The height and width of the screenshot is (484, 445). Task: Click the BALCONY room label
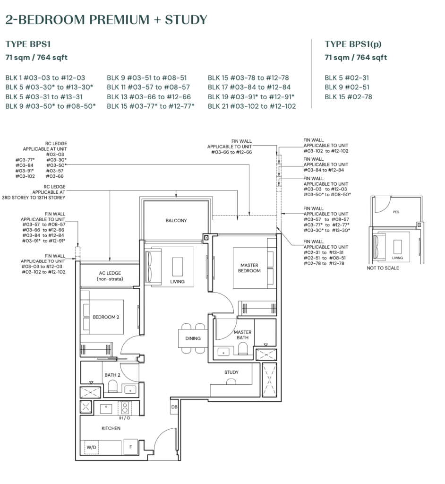pyautogui.click(x=176, y=220)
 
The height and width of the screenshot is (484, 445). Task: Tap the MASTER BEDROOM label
pyautogui.click(x=249, y=268)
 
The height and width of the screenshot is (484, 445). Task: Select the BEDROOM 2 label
pyautogui.click(x=106, y=317)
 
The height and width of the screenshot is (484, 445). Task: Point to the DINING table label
pyautogui.click(x=193, y=338)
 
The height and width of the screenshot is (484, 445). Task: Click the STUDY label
pyautogui.click(x=231, y=372)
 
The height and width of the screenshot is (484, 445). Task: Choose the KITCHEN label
pyautogui.click(x=111, y=428)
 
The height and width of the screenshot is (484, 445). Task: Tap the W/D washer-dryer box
pyautogui.click(x=91, y=447)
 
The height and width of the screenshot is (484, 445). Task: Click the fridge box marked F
pyautogui.click(x=130, y=447)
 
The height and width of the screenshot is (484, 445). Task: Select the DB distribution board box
pyautogui.click(x=174, y=407)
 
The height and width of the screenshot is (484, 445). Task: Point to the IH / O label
pyautogui.click(x=124, y=418)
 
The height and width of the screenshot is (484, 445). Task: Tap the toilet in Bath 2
pyautogui.click(x=112, y=386)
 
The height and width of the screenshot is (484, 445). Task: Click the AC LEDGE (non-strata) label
pyautogui.click(x=110, y=276)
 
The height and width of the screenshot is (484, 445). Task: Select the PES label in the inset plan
pyautogui.click(x=396, y=212)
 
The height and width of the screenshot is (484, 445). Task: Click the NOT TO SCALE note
pyautogui.click(x=383, y=268)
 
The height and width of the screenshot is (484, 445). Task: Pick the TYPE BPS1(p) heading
pyautogui.click(x=353, y=44)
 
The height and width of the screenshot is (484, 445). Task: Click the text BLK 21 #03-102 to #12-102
pyautogui.click(x=252, y=106)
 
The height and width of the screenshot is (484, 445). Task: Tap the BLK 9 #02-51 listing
pyautogui.click(x=347, y=87)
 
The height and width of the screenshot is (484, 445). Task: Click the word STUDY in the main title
pyautogui.click(x=186, y=20)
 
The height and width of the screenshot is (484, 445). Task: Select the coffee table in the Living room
pyautogui.click(x=178, y=267)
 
